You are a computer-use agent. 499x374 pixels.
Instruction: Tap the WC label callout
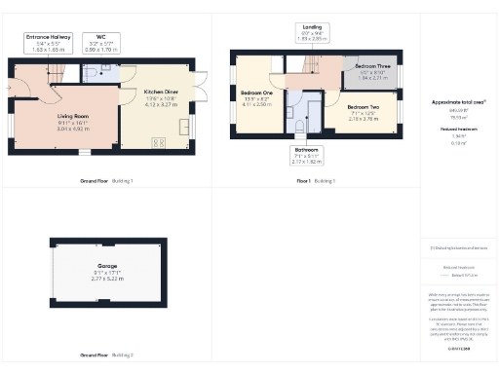click(x=101, y=42)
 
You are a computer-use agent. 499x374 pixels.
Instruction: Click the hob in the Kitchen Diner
click(x=158, y=142)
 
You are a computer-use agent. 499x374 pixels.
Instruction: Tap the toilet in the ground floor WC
click(x=91, y=71)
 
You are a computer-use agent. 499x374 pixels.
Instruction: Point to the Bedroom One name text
click(x=255, y=93)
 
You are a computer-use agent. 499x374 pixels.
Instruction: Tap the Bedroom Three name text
click(x=371, y=66)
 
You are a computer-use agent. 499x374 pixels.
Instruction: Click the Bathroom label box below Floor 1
click(x=306, y=155)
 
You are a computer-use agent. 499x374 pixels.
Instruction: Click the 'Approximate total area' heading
click(x=458, y=101)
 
